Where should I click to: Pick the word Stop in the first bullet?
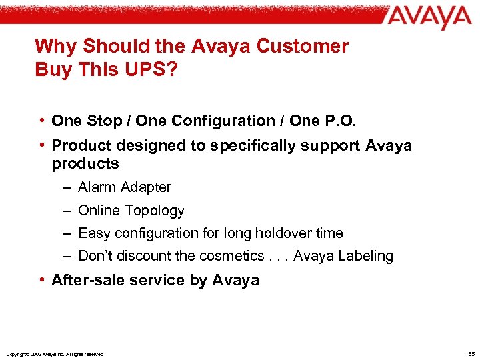coord(105,121)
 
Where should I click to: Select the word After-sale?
coord(87,280)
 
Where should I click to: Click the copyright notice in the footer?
coord(54,354)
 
